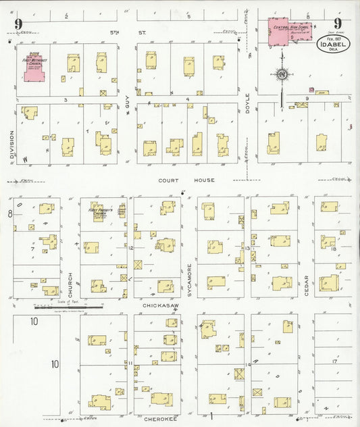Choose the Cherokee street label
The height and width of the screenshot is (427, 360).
click(159, 408)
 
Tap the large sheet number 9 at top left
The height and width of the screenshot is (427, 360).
click(18, 25)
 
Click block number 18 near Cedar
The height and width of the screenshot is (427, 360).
click(334, 250)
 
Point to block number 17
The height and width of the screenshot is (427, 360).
click(334, 362)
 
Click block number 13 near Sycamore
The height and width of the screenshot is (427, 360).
click(249, 249)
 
